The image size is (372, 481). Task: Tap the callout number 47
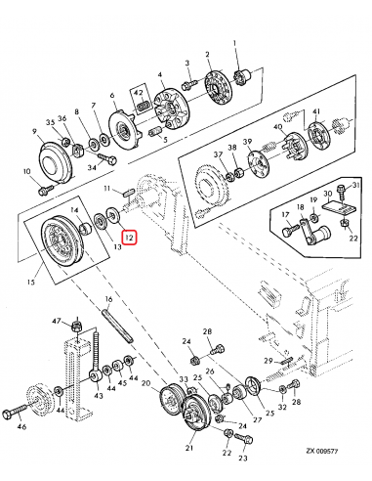tap(58, 321)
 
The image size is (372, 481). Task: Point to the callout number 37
tap(218, 155)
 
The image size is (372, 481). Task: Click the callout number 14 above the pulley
tap(74, 212)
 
